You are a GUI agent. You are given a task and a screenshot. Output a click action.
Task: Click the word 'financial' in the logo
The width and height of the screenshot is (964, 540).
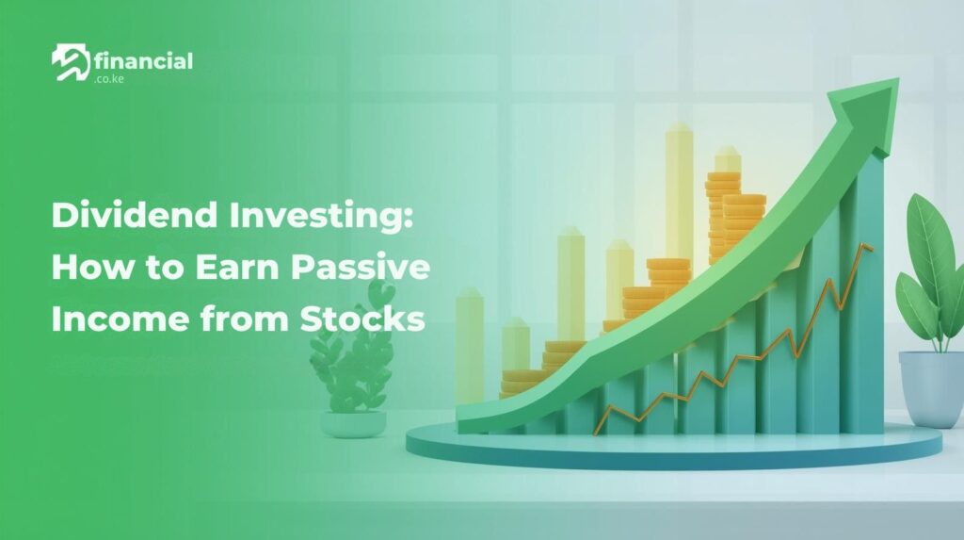(x=144, y=61)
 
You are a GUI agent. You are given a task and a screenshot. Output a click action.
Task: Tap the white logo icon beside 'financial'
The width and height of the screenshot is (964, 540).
(x=71, y=64)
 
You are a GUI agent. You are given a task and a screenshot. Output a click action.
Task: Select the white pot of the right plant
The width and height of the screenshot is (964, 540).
(x=930, y=386)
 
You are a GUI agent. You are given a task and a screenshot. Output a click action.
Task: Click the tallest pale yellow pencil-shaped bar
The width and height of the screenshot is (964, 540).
(x=679, y=188)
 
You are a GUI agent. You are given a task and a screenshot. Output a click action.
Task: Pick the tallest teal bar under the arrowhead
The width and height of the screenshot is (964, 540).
(x=862, y=302)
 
